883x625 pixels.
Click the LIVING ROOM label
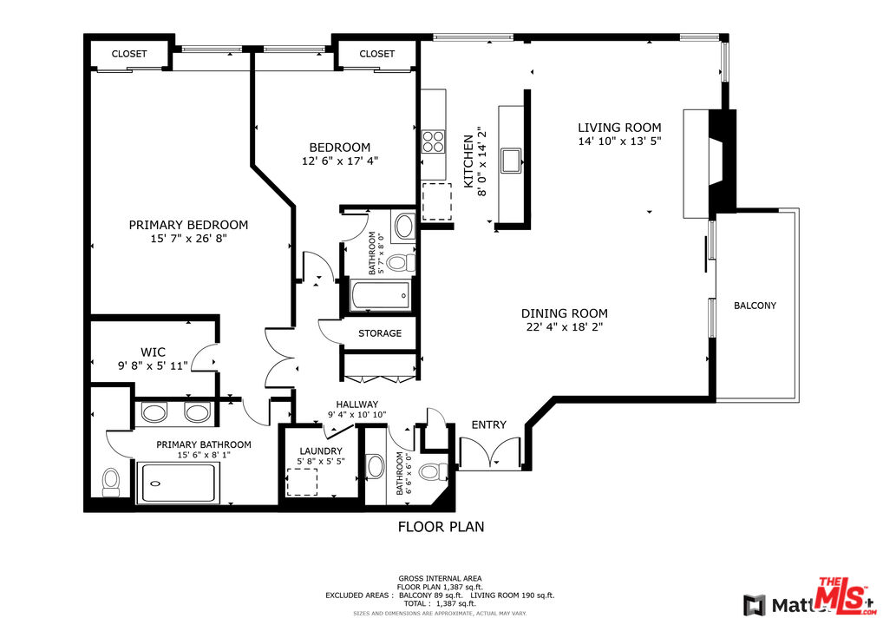pyautogui.click(x=619, y=128)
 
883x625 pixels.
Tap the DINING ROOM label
pyautogui.click(x=564, y=313)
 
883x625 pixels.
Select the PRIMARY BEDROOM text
pyautogui.click(x=188, y=225)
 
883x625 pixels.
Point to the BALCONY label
pyautogui.click(x=755, y=306)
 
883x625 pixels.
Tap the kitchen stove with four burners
pyautogui.click(x=433, y=141)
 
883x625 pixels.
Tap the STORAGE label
pyautogui.click(x=380, y=333)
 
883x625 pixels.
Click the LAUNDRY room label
pyautogui.click(x=321, y=451)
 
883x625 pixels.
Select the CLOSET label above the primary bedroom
pyautogui.click(x=129, y=54)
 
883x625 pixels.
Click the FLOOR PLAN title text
pyautogui.click(x=441, y=526)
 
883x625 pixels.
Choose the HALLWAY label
pyautogui.click(x=357, y=404)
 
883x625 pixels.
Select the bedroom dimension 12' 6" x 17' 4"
pyautogui.click(x=340, y=161)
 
